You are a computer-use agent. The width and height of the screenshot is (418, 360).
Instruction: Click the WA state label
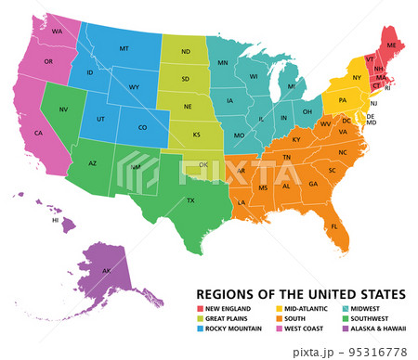coord(57,32)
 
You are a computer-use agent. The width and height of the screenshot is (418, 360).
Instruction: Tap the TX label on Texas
coord(190,200)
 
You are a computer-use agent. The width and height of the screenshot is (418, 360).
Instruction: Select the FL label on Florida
coord(334,225)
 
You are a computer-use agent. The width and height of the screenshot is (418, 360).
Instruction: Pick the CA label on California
coord(39,133)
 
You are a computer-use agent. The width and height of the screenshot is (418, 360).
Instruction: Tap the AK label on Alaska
coord(106,271)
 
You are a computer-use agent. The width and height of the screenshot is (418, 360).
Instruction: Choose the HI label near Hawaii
coord(56,221)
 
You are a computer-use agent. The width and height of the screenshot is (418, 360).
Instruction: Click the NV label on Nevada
coord(64,110)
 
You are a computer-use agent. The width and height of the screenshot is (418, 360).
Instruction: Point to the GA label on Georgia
coord(312,184)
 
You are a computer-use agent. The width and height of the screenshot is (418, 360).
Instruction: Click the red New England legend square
coord(199,308)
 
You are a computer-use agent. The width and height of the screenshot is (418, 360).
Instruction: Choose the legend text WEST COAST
coord(307,328)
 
